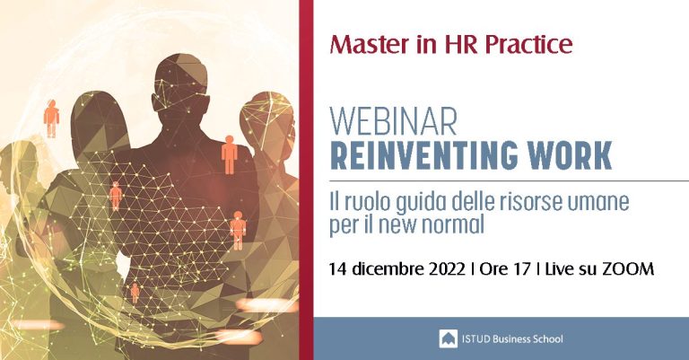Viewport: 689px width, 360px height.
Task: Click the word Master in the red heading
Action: pyautogui.click(x=369, y=44)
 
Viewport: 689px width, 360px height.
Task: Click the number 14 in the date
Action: pyautogui.click(x=338, y=268)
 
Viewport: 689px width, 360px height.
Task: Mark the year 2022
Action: pyautogui.click(x=447, y=268)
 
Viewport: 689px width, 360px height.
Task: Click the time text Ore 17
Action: pyautogui.click(x=505, y=268)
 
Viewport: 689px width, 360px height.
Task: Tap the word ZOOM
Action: pyautogui.click(x=628, y=268)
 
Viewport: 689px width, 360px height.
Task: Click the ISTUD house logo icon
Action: pyautogui.click(x=448, y=338)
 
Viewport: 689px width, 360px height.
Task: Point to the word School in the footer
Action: pyautogui.click(x=548, y=338)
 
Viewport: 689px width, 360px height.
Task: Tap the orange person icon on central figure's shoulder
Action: pyautogui.click(x=229, y=154)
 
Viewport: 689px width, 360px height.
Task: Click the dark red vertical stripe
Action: pyautogui.click(x=306, y=180)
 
